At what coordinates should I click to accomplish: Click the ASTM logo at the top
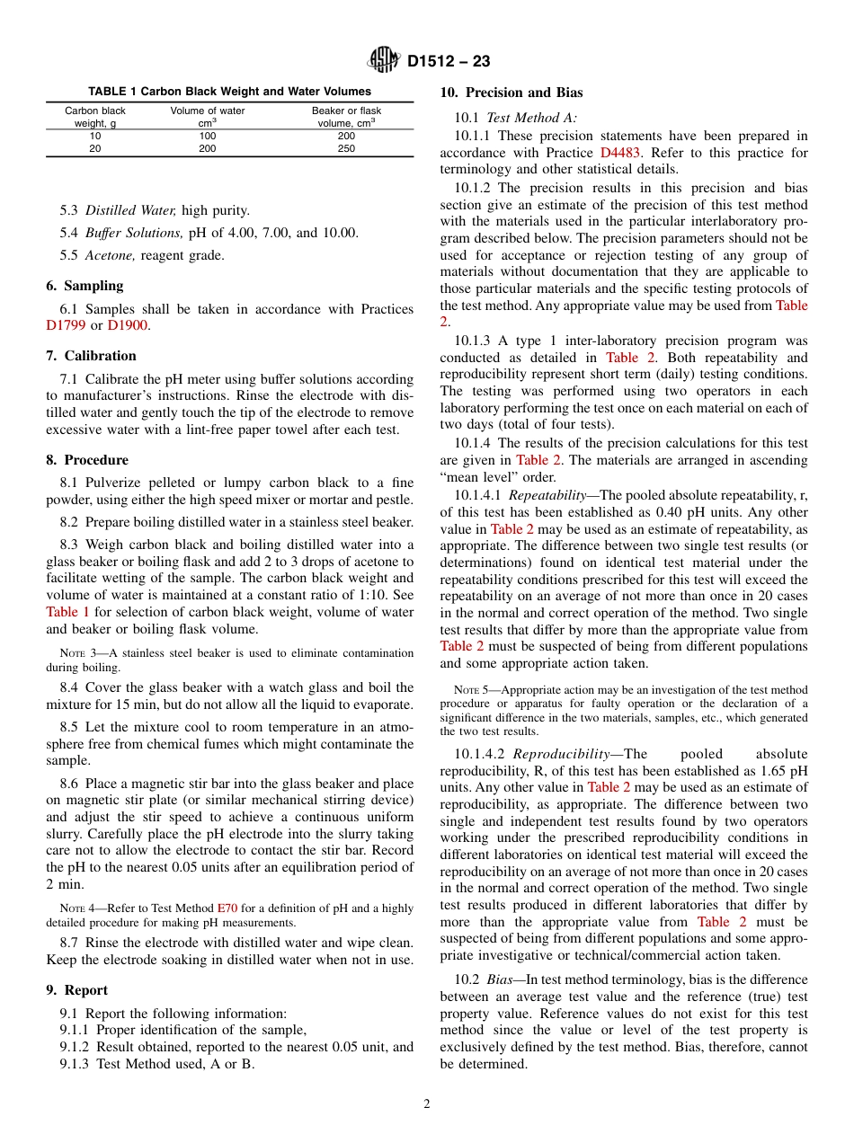(x=384, y=61)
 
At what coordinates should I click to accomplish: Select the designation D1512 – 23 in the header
(x=449, y=62)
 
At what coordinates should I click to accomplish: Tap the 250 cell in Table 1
(x=346, y=149)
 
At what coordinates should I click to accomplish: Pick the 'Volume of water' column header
(x=208, y=111)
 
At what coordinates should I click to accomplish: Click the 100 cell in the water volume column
(x=208, y=137)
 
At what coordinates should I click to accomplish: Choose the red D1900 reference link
(x=128, y=325)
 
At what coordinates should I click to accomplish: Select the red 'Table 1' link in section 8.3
(x=67, y=612)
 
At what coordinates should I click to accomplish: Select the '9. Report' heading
(x=76, y=990)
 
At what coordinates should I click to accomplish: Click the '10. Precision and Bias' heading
(x=511, y=93)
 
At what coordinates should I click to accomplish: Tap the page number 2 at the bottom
(x=427, y=1104)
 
